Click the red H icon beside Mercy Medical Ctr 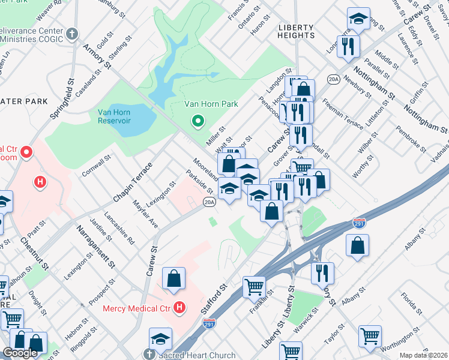pyautogui.click(x=179, y=308)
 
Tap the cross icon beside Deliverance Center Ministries pyautogui.click(x=72, y=34)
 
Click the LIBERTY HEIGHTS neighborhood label pyautogui.click(x=296, y=31)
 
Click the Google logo pyautogui.click(x=20, y=352)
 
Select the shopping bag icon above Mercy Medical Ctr pyautogui.click(x=173, y=278)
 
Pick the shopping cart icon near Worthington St pyautogui.click(x=370, y=336)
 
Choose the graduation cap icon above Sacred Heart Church pyautogui.click(x=161, y=338)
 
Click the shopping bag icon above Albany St pyautogui.click(x=358, y=245)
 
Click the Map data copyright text pyautogui.click(x=423, y=355)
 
